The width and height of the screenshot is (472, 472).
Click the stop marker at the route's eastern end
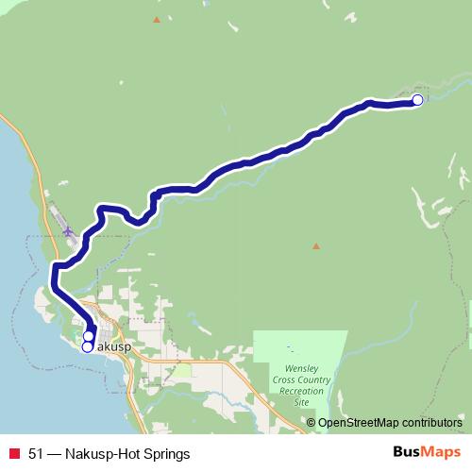[x=418, y=100]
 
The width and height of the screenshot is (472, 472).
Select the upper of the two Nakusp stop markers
[x=89, y=336]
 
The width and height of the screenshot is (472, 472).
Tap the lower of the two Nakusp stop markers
[x=88, y=346]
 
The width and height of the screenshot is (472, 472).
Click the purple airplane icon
[x=68, y=230]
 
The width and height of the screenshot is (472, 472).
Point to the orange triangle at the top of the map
[x=157, y=19]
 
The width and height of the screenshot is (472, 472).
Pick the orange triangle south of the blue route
[x=316, y=245]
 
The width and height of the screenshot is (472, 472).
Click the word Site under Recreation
[x=302, y=402]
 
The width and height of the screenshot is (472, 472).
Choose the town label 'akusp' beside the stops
[x=113, y=347]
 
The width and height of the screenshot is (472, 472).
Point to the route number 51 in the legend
[x=36, y=454]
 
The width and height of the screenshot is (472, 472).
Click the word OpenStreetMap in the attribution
[x=359, y=423]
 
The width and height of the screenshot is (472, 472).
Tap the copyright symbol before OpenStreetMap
[x=311, y=423]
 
